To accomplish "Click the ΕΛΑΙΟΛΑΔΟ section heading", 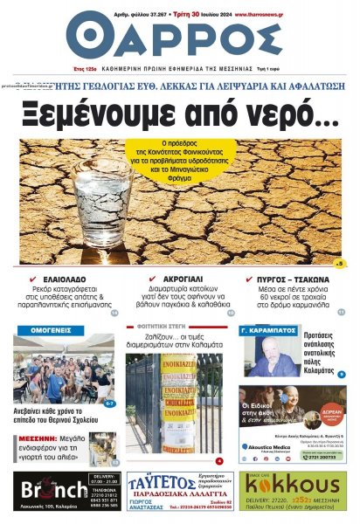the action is point(69,279).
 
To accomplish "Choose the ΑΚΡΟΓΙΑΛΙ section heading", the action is point(183,279).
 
